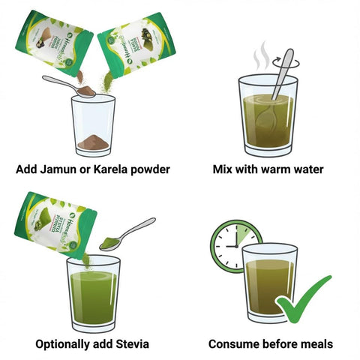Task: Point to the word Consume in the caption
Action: pos(234,344)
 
